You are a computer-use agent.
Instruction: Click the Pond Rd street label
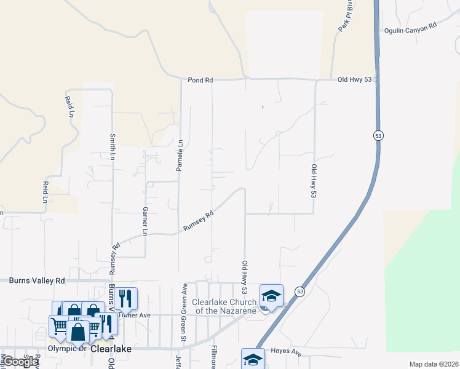tap(200, 80)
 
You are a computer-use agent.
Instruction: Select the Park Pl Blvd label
tap(344, 20)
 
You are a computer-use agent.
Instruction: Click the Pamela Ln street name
tap(180, 156)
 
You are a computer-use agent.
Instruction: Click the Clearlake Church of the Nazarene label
tap(224, 306)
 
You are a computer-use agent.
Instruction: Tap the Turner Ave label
tap(135, 315)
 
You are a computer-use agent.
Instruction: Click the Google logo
tap(22, 362)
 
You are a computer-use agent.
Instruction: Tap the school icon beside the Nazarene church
tap(271, 296)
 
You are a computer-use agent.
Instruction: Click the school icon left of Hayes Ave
tap(253, 359)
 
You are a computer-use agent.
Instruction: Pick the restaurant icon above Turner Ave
tap(125, 298)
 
